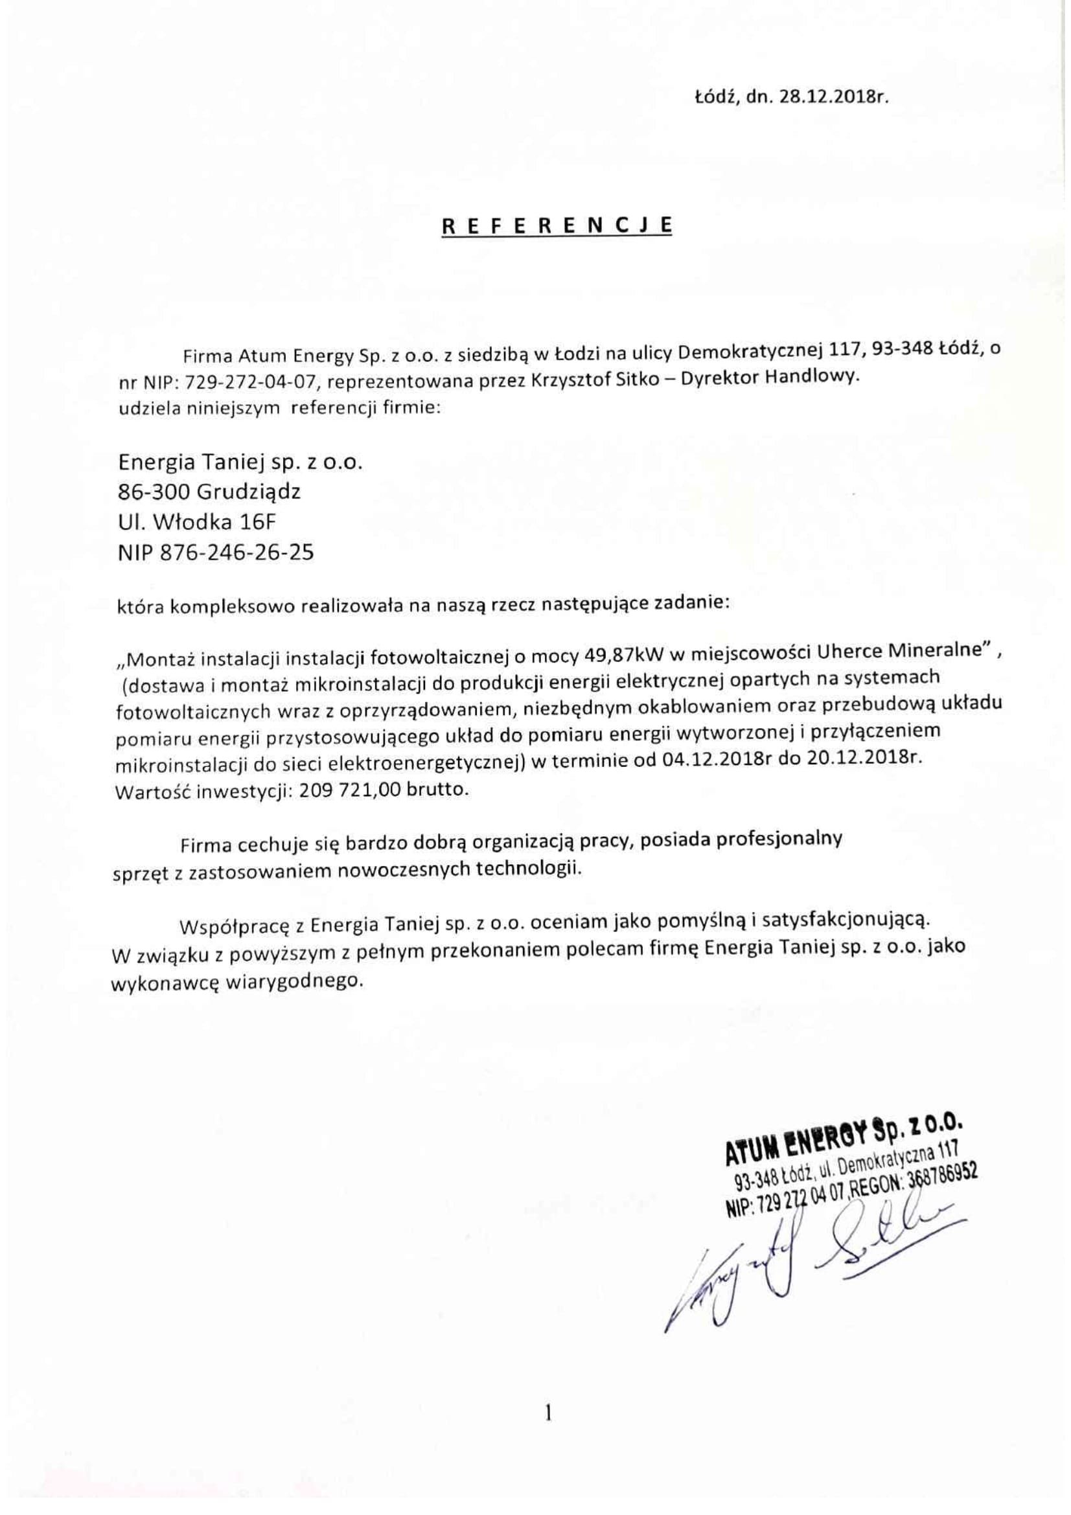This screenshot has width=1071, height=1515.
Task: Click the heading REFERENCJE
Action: click(557, 225)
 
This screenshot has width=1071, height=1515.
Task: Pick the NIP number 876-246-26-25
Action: click(236, 552)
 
